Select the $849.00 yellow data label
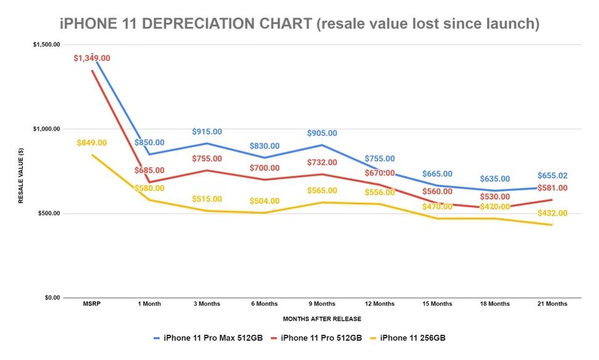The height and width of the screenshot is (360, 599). [x=92, y=143]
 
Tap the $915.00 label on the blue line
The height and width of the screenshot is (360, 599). [x=207, y=132]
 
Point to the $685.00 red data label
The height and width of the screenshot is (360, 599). [x=149, y=170]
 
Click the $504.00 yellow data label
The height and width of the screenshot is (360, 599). [x=264, y=201]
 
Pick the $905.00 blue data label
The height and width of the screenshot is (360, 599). [x=322, y=133]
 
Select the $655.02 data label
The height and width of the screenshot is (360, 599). [x=552, y=175]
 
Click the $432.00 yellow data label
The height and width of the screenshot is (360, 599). [x=552, y=213]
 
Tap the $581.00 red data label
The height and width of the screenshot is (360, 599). [x=552, y=188]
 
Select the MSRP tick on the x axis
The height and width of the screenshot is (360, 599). [x=92, y=304]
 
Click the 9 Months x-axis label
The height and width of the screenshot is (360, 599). [x=322, y=304]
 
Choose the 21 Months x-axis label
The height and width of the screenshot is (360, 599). [x=552, y=304]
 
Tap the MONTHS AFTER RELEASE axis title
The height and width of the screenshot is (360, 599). [x=322, y=319]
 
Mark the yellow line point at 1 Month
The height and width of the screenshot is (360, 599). [x=149, y=199]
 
